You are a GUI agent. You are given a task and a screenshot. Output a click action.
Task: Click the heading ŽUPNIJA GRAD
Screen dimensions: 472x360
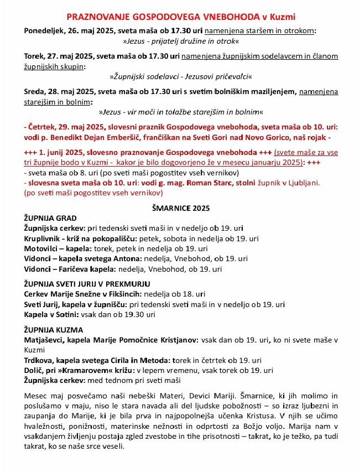coord(51,218)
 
